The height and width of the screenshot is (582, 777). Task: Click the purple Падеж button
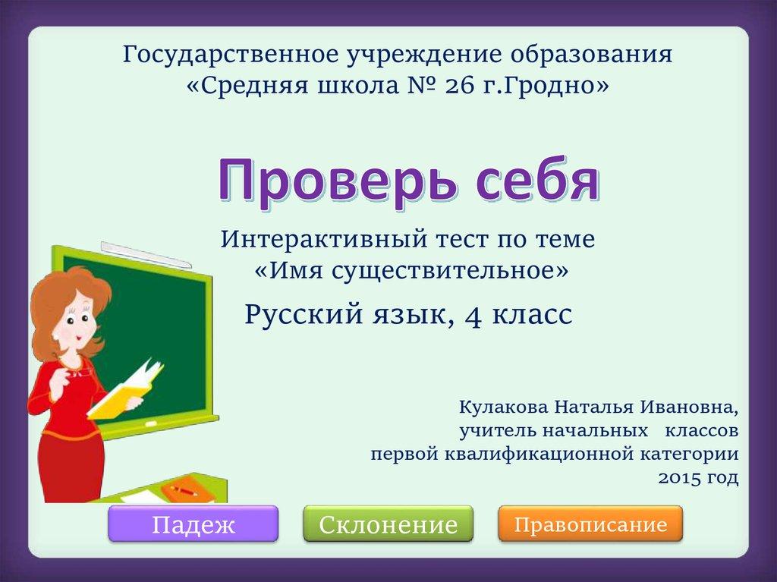pyautogui.click(x=193, y=524)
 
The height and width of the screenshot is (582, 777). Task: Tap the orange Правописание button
pyautogui.click(x=591, y=524)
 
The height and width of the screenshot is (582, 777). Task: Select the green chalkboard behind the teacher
pyautogui.click(x=163, y=334)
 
